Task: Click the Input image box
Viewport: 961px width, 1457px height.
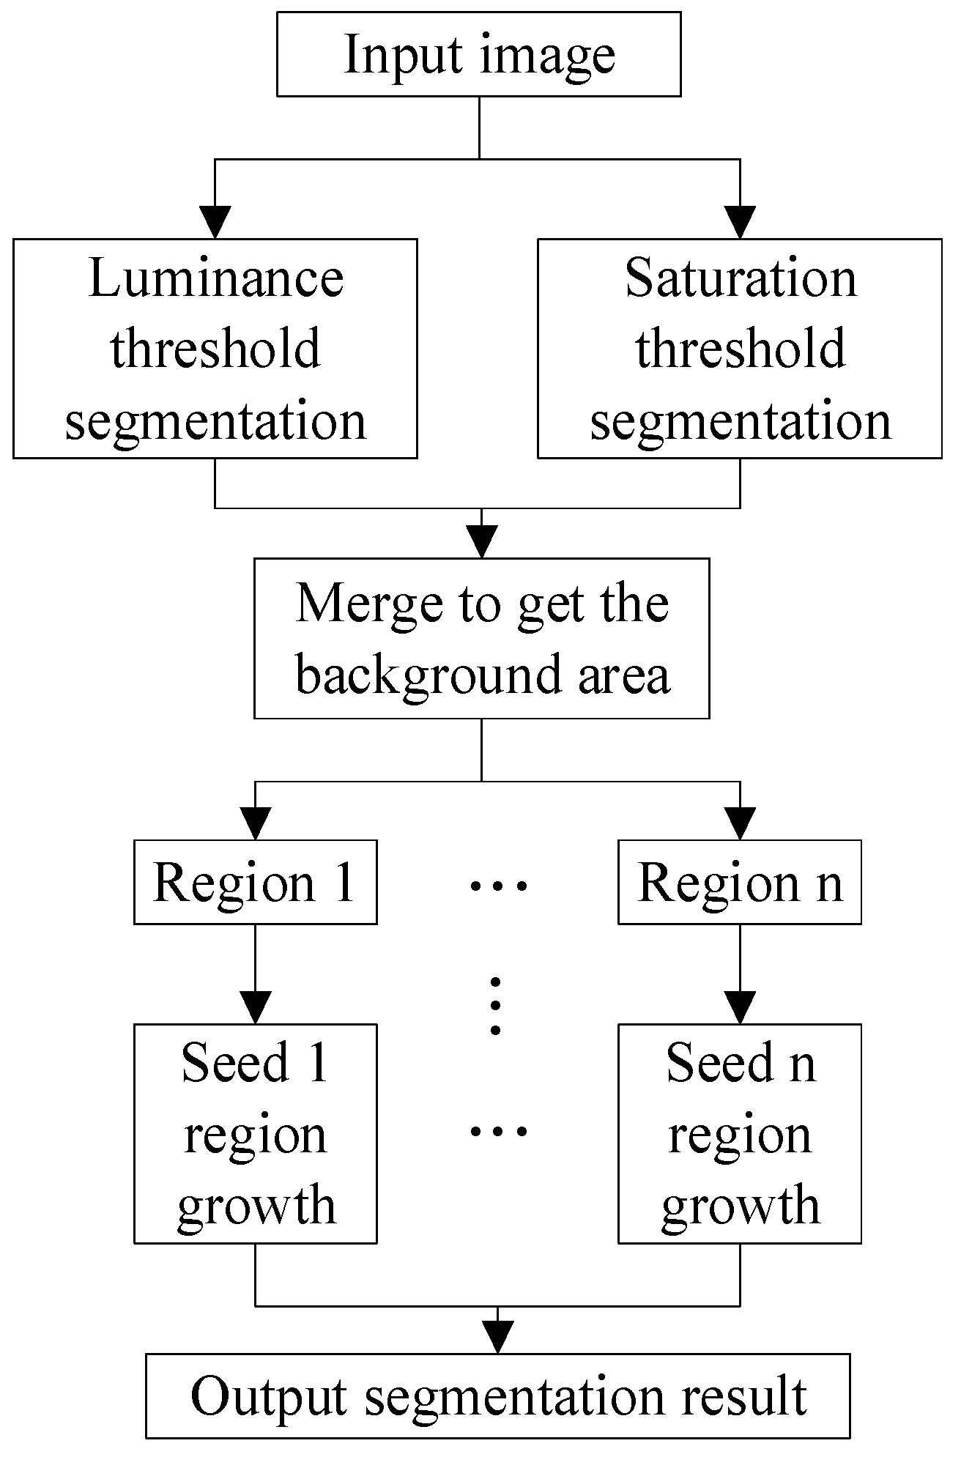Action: [478, 54]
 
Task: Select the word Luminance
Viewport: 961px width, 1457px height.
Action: [215, 279]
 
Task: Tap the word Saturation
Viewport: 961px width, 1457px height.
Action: [741, 279]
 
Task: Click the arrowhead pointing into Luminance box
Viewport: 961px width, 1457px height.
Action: [215, 222]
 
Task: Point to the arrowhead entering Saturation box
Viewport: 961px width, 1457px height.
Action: [740, 222]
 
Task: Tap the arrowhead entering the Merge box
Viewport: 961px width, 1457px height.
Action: [482, 542]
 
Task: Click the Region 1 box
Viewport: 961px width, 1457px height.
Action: [255, 883]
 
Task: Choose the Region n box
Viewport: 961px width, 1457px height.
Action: [740, 883]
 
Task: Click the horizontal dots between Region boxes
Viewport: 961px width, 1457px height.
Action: [497, 886]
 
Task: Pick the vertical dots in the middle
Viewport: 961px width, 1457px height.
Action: [496, 1006]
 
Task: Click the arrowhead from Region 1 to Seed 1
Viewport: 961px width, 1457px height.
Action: [255, 1007]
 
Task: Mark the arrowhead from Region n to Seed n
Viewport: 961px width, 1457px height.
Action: [740, 1007]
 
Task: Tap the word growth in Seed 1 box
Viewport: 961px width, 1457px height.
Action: [256, 1207]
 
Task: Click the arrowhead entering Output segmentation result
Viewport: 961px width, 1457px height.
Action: [498, 1337]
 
